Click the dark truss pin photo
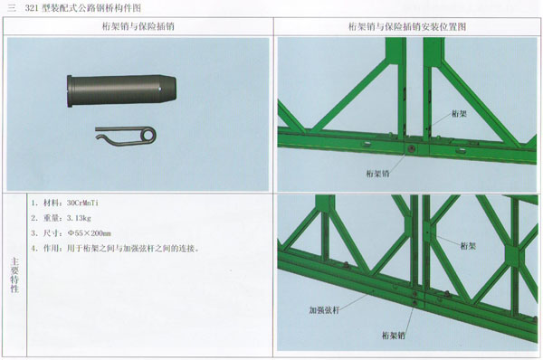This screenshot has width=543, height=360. coord(121,90)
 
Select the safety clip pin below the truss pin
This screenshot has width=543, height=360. coord(126,136)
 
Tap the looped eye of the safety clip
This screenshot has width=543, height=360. coord(149,135)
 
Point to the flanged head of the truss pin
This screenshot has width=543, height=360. coord(70,91)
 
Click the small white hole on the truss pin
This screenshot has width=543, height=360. coord(159,89)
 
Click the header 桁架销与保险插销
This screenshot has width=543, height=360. coord(138,26)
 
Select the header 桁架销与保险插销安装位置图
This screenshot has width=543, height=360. coord(407,26)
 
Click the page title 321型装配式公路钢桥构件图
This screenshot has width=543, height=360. coord(83,8)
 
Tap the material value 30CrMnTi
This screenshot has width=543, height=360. coord(82,203)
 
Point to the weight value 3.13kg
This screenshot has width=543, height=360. coord(79,218)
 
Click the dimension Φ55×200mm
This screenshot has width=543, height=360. coord(90,233)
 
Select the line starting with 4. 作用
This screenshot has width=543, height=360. coord(115,249)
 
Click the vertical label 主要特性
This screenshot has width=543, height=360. coord(14,275)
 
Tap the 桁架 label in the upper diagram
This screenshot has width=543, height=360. coord(459,114)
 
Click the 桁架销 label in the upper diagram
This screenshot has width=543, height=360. coord(377,174)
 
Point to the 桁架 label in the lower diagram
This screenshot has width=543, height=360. coord(468,246)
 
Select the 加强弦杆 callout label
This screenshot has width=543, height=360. coord(324,310)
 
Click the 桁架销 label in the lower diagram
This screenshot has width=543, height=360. coord(394,335)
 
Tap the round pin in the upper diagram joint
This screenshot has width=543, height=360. coord(412,149)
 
